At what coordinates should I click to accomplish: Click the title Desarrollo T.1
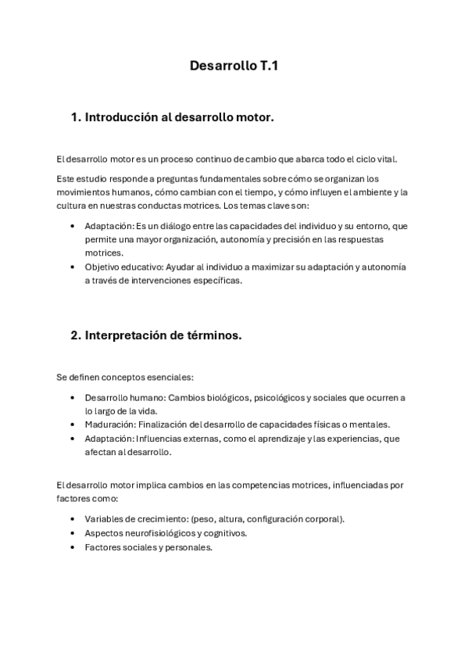point(234,67)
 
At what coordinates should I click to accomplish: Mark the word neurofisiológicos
point(160,533)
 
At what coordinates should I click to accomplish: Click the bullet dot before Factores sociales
point(73,547)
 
